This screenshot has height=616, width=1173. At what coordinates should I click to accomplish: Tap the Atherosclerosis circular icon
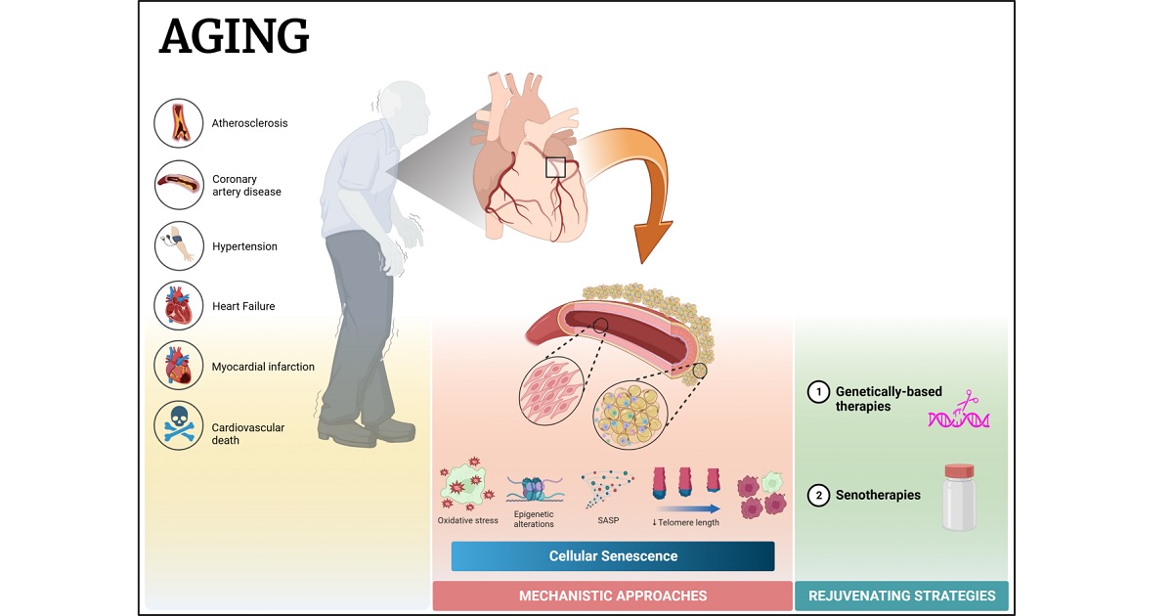click(179, 123)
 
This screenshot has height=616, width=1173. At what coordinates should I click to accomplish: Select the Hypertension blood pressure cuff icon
click(179, 246)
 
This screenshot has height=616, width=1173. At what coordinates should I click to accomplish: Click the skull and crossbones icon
click(179, 426)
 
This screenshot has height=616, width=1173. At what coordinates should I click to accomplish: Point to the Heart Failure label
click(243, 306)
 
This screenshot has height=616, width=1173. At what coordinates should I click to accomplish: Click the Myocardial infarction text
click(263, 367)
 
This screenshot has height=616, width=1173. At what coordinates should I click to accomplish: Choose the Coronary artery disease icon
click(179, 185)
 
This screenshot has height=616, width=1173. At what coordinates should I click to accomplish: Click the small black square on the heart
click(555, 167)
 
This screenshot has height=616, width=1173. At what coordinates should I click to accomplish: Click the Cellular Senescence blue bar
click(613, 556)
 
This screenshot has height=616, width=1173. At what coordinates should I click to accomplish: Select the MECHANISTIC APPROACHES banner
click(613, 595)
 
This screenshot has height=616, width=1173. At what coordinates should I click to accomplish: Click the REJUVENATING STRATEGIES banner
click(901, 595)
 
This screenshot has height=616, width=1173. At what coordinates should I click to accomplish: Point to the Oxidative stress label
click(467, 521)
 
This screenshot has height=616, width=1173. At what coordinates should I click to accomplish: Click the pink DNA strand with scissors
click(959, 416)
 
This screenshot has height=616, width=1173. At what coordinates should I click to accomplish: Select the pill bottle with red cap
click(959, 497)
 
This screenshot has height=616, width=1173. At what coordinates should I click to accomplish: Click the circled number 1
click(817, 393)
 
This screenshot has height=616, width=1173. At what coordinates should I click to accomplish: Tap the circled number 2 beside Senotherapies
click(817, 496)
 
